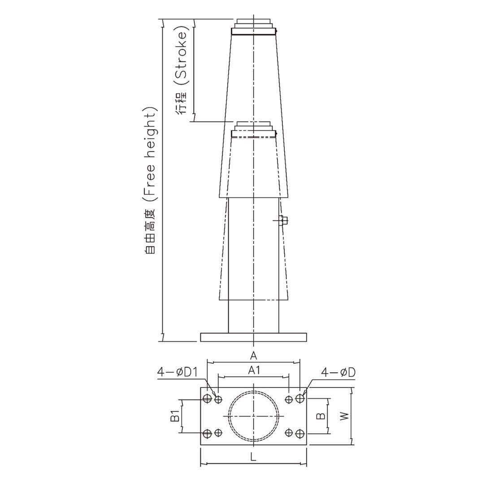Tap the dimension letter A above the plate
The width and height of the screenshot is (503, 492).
click(x=253, y=356)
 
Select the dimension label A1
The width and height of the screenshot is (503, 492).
click(x=254, y=370)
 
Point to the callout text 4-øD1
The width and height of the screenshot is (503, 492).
click(x=178, y=372)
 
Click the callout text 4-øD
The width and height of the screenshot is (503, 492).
click(x=338, y=372)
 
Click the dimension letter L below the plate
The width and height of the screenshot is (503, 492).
click(x=253, y=457)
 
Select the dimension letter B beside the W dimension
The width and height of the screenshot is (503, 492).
click(x=321, y=416)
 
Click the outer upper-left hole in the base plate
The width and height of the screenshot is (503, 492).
click(x=207, y=399)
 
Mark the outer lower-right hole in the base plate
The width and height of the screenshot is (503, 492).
click(x=300, y=433)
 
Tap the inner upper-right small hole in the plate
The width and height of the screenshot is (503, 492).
click(x=289, y=399)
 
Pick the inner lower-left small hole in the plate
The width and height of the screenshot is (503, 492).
click(x=218, y=433)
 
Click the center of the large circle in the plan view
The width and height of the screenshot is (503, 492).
click(x=254, y=416)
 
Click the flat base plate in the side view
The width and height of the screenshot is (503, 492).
click(x=253, y=337)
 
